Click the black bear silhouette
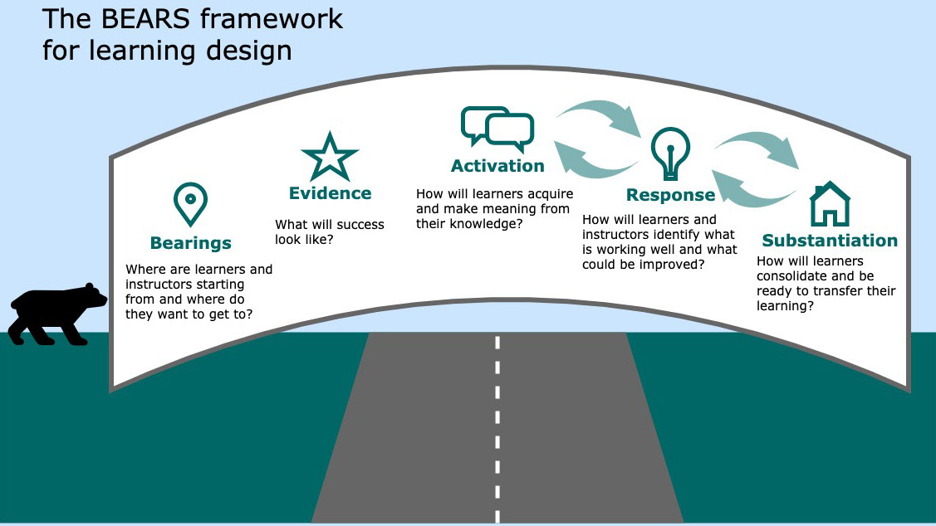click(58, 314)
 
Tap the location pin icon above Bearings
click(190, 204)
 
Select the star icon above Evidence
click(330, 156)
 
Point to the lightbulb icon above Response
click(670, 153)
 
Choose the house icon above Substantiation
click(830, 203)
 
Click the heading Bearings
click(190, 243)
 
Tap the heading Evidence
click(330, 193)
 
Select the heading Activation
click(497, 166)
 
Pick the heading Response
click(670, 195)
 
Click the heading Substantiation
click(830, 241)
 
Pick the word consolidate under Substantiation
click(790, 276)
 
